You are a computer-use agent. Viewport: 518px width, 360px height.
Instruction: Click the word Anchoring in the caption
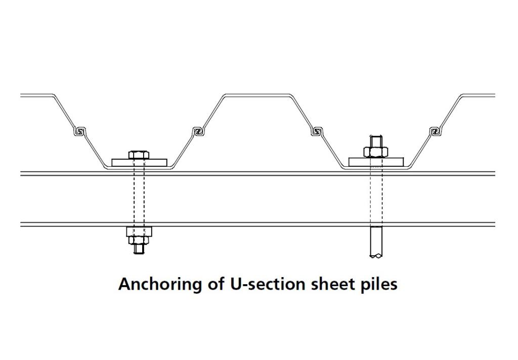pyautogui.click(x=160, y=284)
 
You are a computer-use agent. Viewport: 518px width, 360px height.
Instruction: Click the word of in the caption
pyautogui.click(x=215, y=284)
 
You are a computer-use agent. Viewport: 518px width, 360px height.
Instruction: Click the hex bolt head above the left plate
pyautogui.click(x=139, y=155)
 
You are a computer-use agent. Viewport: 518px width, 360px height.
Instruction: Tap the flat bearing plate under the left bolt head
pyautogui.click(x=140, y=162)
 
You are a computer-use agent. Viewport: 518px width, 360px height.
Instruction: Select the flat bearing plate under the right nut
pyautogui.click(x=376, y=161)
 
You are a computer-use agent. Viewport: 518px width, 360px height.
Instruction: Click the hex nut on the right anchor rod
pyautogui.click(x=376, y=152)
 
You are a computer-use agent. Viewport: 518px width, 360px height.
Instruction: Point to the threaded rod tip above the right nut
pyautogui.click(x=376, y=141)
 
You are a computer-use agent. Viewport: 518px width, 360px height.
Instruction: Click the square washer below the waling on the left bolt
pyautogui.click(x=139, y=232)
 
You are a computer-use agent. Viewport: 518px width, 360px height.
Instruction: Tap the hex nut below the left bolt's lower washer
pyautogui.click(x=139, y=240)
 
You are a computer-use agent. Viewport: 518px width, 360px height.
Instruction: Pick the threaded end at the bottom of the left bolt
pyautogui.click(x=139, y=249)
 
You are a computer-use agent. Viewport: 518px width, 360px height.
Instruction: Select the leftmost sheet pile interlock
pyautogui.click(x=79, y=131)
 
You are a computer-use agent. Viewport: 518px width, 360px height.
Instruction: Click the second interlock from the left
pyautogui.click(x=197, y=131)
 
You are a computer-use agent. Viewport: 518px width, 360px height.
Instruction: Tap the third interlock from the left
pyautogui.click(x=317, y=131)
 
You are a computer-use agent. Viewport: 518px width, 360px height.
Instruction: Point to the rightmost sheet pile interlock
pyautogui.click(x=436, y=131)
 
